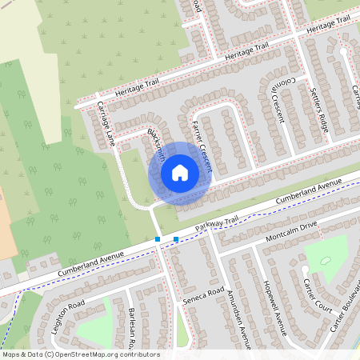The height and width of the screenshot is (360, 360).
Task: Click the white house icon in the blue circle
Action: click(x=179, y=172)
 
